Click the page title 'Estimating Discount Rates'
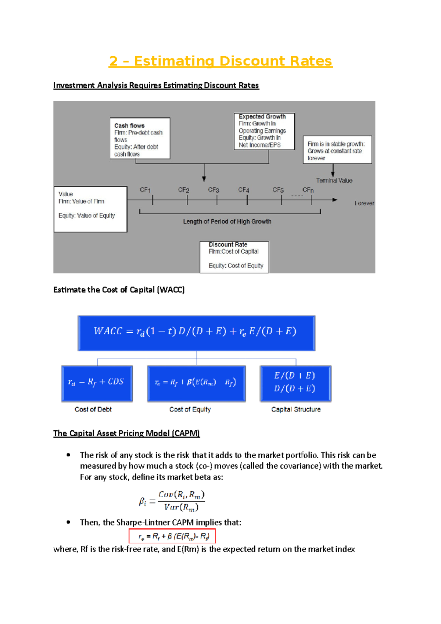pyautogui.click(x=220, y=61)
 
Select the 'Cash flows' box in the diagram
pyautogui.click(x=140, y=139)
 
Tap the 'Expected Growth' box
pyautogui.click(x=264, y=131)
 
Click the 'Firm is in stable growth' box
pyautogui.click(x=337, y=150)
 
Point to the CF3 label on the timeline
pyautogui.click(x=214, y=190)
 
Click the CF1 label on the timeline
pyautogui.click(x=145, y=190)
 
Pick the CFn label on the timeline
pyautogui.click(x=308, y=190)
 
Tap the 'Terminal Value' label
pyautogui.click(x=334, y=180)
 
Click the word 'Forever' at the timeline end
pyautogui.click(x=364, y=203)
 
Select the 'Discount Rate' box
pyautogui.click(x=234, y=257)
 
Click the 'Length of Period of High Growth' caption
pyautogui.click(x=227, y=222)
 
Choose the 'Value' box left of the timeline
pyautogui.click(x=90, y=209)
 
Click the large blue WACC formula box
pyautogui.click(x=196, y=333)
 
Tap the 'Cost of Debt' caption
pyautogui.click(x=93, y=409)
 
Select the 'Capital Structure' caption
pyautogui.click(x=296, y=409)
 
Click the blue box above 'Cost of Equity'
pyautogui.click(x=196, y=383)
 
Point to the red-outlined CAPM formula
pyautogui.click(x=172, y=536)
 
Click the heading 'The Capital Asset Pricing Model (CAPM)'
pyautogui.click(x=126, y=433)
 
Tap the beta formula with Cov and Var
pyautogui.click(x=172, y=501)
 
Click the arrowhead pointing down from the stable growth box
pyautogui.click(x=333, y=175)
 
